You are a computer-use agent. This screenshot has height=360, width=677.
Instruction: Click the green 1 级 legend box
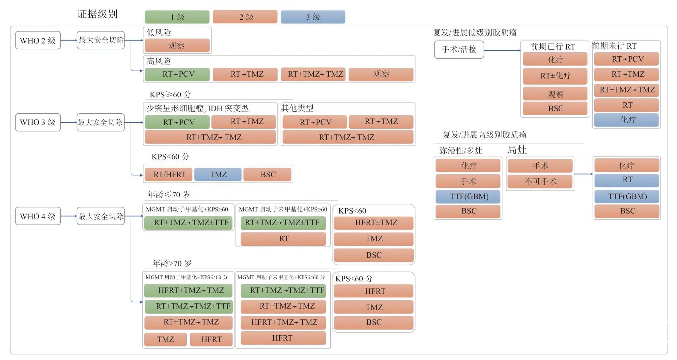tap(177, 17)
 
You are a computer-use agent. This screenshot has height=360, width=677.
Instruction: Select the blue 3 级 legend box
tap(313, 17)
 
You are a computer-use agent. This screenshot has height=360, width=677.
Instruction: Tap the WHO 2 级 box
tap(38, 41)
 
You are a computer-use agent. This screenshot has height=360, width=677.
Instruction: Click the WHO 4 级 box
tap(38, 216)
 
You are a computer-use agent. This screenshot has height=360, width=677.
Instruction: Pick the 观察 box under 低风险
tap(177, 46)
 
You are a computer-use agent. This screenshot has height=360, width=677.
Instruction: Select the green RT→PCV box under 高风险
tap(177, 74)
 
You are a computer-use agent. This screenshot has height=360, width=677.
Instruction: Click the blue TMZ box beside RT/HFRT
tap(218, 174)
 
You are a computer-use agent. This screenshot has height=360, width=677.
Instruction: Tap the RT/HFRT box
tap(169, 174)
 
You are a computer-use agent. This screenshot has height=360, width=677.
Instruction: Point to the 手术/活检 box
tap(459, 49)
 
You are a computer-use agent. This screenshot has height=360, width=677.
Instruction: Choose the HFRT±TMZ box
tap(374, 223)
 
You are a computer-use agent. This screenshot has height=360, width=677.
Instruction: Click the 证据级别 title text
tap(97, 14)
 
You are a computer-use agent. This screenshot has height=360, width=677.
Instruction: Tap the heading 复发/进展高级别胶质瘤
tap(484, 135)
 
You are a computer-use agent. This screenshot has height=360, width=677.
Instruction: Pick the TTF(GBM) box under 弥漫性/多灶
tap(468, 197)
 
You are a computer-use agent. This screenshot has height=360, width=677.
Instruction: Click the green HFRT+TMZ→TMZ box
tap(188, 291)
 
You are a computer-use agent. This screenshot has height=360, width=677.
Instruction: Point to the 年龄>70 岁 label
tap(171, 263)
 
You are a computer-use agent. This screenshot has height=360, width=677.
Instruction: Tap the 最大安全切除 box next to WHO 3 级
tap(100, 122)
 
